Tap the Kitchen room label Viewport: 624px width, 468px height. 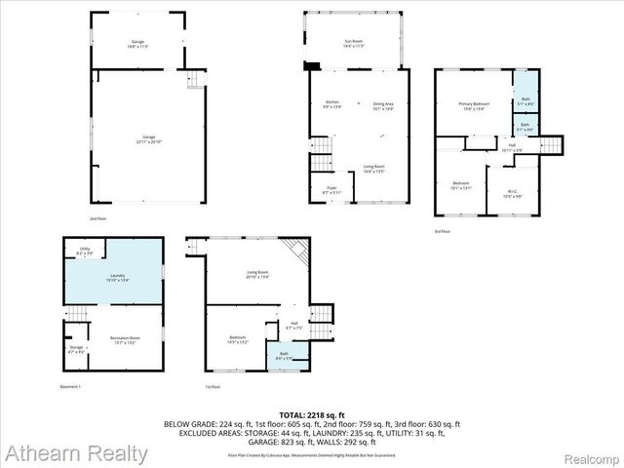coord(331,104)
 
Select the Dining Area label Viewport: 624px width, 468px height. coord(383,104)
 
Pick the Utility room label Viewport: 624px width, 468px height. coord(85,252)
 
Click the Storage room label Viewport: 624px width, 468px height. coord(76,348)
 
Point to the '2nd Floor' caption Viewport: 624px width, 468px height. coord(97,219)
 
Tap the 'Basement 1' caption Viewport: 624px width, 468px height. coord(70,387)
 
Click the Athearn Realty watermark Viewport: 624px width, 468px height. coord(75,453)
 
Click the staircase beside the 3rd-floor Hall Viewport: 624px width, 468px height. coord(551,145)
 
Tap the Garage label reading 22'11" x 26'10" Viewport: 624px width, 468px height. coord(148,137)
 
